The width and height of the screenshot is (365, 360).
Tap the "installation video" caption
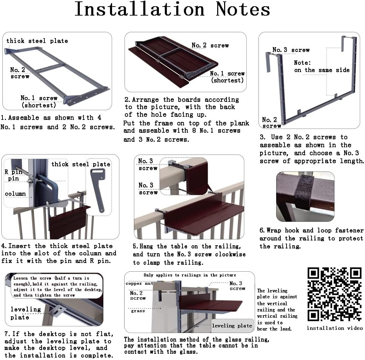[334, 328]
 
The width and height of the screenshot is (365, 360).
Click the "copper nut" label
[139, 283]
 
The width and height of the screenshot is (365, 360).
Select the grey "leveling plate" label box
[232, 326]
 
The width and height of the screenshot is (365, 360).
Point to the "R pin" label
[13, 172]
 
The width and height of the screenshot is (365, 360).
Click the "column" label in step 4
[15, 193]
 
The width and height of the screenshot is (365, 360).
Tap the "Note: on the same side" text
[321, 66]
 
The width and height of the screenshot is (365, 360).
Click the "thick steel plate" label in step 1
[37, 41]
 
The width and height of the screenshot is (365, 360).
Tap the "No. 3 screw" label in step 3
[291, 50]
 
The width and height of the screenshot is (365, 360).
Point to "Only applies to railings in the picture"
[190, 275]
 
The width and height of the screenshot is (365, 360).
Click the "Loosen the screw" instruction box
[57, 287]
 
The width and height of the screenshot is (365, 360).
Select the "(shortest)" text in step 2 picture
[227, 80]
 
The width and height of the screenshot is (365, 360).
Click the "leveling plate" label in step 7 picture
[25, 313]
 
